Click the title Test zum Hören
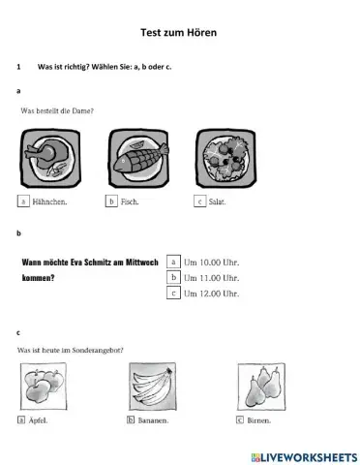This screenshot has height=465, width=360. pos(179,33)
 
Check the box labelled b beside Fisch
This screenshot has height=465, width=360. pos(111,201)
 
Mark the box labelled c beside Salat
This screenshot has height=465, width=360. pos(199,201)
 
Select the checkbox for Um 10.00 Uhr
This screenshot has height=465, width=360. pos(173,261)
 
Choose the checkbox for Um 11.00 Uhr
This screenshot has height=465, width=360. pos(173,276)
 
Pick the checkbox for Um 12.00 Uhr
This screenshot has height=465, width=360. pos(173,292)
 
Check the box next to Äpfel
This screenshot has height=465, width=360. pos(21,421)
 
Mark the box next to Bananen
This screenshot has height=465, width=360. pos(130,421)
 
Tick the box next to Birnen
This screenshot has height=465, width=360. pos(239,421)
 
